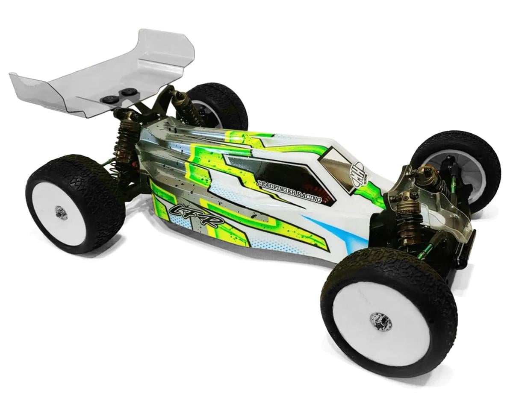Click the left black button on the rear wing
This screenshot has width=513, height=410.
point(109,99)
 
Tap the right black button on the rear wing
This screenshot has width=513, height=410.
point(127,91)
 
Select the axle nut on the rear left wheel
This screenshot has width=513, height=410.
point(61,212)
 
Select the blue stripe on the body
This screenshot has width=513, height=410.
point(338,233)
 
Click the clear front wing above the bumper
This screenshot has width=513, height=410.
point(453,214)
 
